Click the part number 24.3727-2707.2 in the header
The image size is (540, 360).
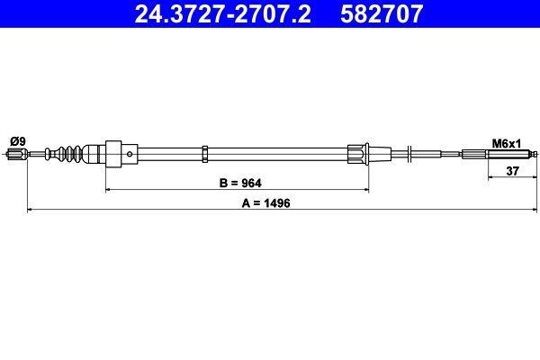point(222,13)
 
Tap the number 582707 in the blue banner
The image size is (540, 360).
point(382,13)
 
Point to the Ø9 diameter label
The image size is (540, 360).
point(18,141)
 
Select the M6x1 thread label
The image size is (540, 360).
point(506,144)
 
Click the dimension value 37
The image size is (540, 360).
point(512,170)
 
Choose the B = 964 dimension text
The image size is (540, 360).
point(240,183)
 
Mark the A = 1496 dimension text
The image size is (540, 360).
point(265,203)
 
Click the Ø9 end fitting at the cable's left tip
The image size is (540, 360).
point(17,154)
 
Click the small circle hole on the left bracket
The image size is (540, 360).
point(130,154)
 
